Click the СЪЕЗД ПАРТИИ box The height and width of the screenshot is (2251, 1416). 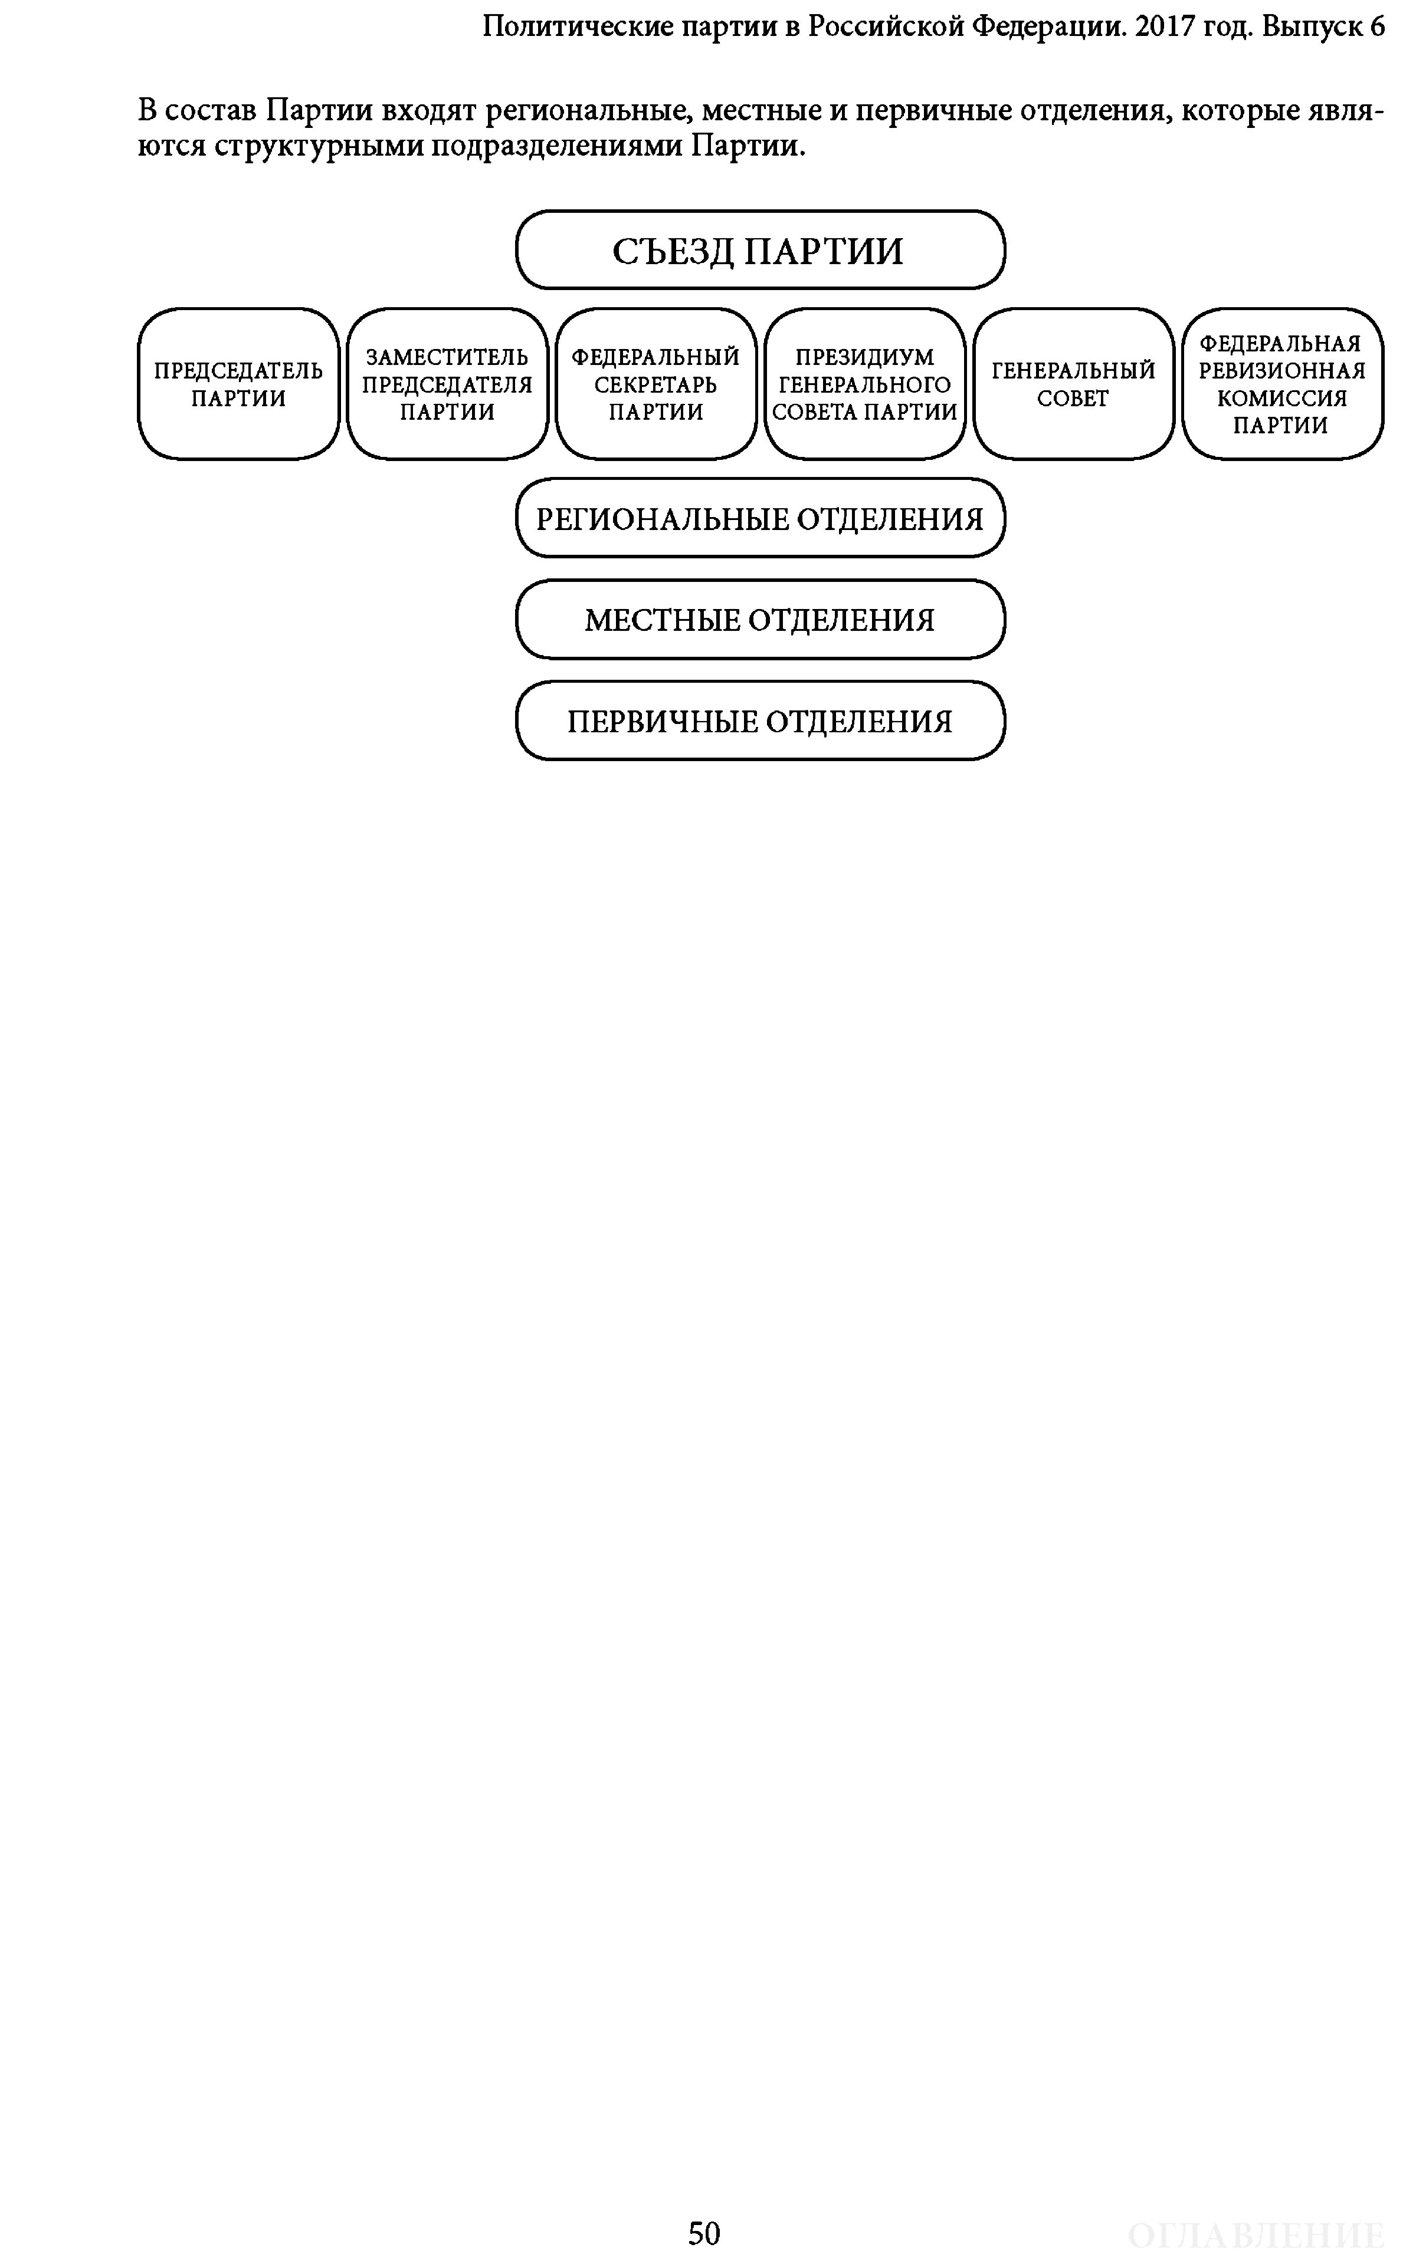point(759,249)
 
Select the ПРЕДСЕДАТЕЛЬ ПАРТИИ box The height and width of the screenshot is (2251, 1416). point(238,384)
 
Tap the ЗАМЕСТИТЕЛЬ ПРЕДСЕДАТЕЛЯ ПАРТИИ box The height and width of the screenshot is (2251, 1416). point(447,384)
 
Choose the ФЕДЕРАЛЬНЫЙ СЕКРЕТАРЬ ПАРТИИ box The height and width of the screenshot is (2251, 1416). point(655,384)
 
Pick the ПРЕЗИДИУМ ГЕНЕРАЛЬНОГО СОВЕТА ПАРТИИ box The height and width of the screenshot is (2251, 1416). point(864,384)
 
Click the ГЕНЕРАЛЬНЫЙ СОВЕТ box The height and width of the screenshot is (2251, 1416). point(1073,384)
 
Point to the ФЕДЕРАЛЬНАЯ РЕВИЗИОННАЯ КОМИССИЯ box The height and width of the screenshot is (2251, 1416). point(1282,384)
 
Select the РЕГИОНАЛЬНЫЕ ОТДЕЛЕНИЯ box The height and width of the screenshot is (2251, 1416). point(759,518)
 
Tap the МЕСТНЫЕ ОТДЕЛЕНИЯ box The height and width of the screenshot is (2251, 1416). point(759,620)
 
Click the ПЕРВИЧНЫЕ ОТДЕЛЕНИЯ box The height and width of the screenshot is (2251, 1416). point(759,720)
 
